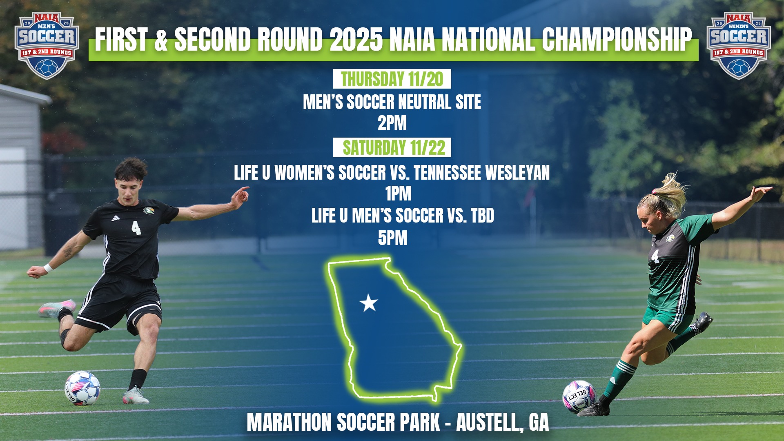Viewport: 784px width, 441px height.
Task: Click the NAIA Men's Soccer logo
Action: click(x=47, y=45)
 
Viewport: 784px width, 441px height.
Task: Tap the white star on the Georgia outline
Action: click(x=369, y=303)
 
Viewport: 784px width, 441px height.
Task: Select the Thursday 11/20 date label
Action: click(x=392, y=79)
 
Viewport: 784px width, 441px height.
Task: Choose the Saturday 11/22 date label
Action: click(x=392, y=147)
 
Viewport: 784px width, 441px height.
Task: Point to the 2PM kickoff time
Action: click(x=392, y=123)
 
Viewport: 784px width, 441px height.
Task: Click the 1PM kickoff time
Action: click(x=398, y=194)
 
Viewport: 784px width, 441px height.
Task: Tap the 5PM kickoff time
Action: click(x=393, y=238)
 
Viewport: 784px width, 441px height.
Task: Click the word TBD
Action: click(x=483, y=216)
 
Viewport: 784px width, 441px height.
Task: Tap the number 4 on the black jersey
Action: click(x=136, y=227)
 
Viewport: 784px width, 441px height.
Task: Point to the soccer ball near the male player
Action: click(x=82, y=388)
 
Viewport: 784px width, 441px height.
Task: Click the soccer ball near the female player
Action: click(x=579, y=397)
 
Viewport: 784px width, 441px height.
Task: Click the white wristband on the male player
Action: click(x=48, y=268)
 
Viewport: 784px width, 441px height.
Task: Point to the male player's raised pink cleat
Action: click(x=57, y=308)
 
